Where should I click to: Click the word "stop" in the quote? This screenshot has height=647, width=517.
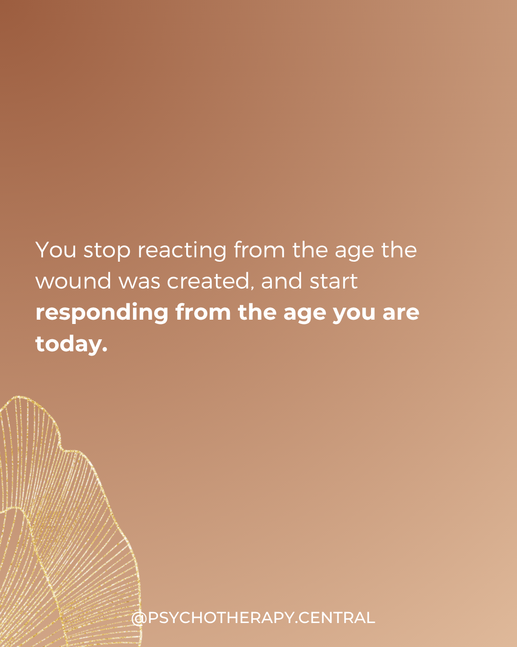click(107, 250)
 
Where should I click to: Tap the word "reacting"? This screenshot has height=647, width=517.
click(182, 250)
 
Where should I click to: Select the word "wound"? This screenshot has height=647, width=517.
click(73, 281)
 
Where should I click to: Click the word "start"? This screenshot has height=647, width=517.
click(334, 281)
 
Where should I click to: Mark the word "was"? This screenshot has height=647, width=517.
click(139, 282)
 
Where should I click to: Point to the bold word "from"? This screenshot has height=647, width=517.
click(203, 312)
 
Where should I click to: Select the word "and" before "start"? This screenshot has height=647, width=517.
click(281, 281)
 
